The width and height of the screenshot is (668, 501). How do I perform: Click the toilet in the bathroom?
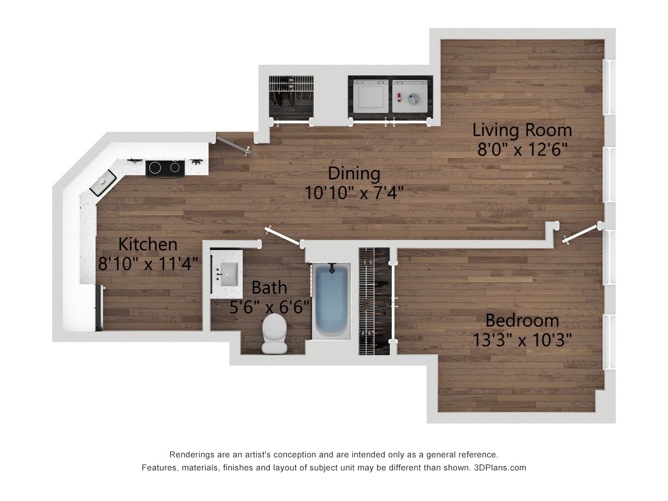coord(274,334)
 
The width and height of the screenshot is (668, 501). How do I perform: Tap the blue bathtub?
coord(331,302)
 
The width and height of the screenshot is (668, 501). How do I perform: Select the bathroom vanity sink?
coord(228,272)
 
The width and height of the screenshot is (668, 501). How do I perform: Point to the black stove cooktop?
coord(165,168)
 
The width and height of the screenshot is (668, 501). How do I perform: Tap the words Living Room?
coord(522,129)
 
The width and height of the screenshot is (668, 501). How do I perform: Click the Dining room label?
coord(354,173)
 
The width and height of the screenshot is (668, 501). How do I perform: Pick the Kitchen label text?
coord(148,244)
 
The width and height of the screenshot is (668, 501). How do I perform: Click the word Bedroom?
coord(522,320)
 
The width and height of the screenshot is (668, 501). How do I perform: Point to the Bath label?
coord(269,287)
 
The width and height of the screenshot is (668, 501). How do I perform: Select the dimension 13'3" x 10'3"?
coord(522,340)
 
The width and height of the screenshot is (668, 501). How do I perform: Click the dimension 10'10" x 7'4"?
coord(354,193)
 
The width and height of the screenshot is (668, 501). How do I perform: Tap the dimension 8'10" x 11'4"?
coord(148,264)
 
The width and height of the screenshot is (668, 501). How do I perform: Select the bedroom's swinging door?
coord(580,234)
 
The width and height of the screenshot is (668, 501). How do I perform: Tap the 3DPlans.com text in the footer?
coord(499,468)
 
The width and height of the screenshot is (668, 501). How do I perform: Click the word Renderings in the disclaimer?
coord(188,455)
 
